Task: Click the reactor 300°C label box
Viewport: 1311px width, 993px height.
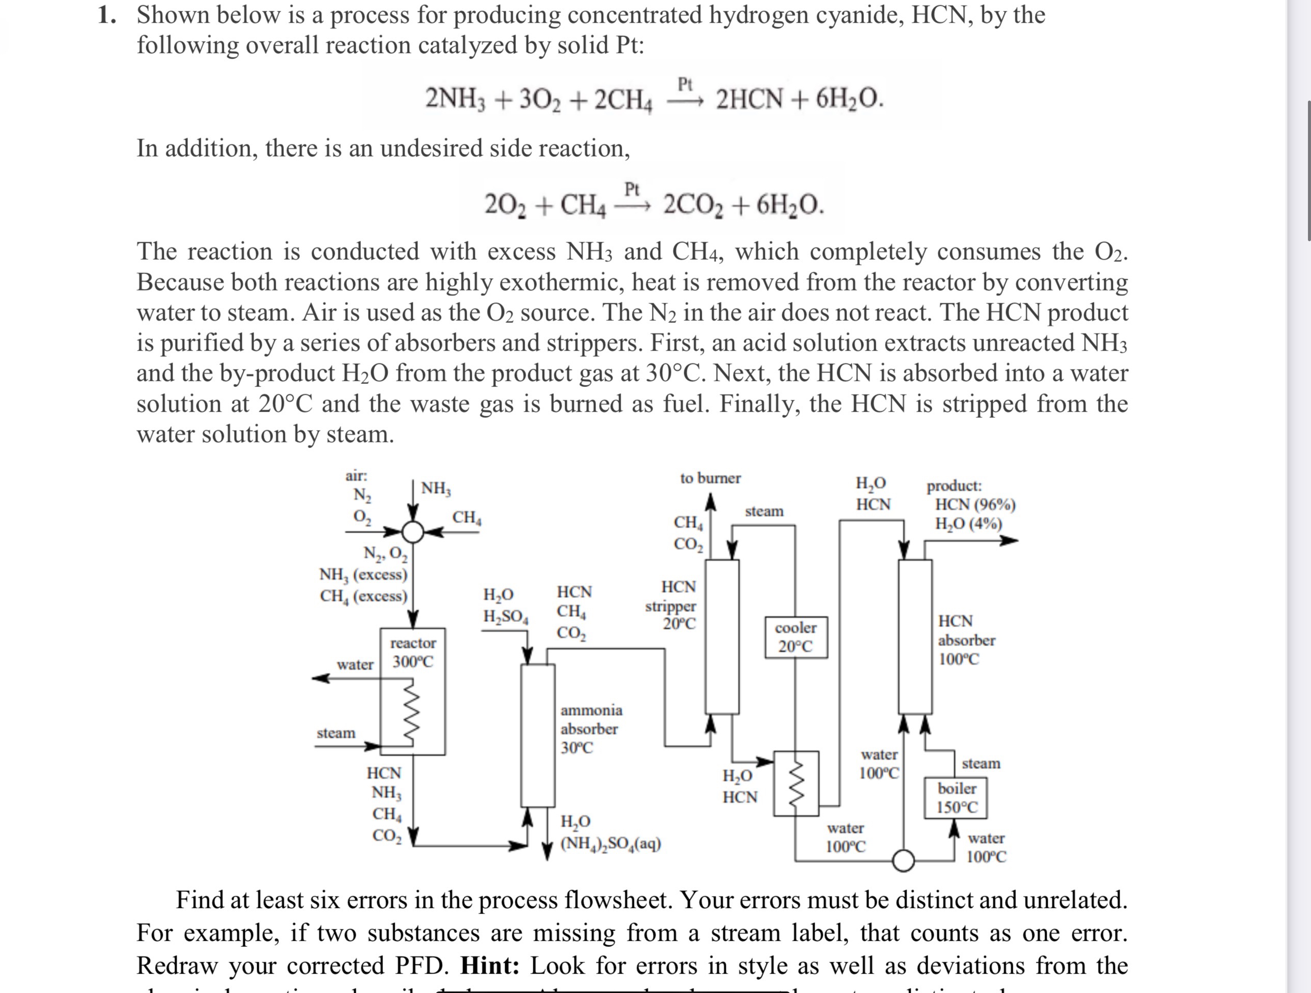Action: (x=413, y=652)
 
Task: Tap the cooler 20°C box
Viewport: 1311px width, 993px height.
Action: (x=795, y=637)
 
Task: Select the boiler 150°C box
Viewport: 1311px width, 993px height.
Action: (x=957, y=797)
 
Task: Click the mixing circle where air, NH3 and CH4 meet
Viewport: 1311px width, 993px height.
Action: (x=414, y=532)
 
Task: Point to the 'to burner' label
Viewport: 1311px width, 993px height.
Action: (x=710, y=478)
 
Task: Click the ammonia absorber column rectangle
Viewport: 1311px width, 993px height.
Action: (x=537, y=735)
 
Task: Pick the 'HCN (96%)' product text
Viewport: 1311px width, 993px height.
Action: (x=975, y=505)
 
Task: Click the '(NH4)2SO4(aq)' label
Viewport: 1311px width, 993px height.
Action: (x=611, y=843)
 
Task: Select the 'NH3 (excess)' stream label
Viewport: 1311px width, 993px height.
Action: (x=363, y=575)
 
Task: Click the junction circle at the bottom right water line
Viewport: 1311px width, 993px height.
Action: (x=903, y=860)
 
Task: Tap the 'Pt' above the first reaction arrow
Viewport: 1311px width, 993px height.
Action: (x=685, y=84)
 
